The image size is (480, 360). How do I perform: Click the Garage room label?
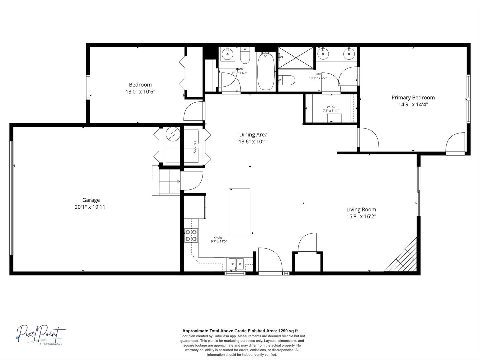pyautogui.click(x=91, y=200)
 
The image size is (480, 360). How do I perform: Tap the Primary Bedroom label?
pyautogui.click(x=413, y=98)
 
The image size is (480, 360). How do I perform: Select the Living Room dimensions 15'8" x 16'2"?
pyautogui.click(x=361, y=216)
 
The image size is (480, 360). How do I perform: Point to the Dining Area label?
pyautogui.click(x=253, y=135)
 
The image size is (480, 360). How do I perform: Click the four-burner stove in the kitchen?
pyautogui.click(x=191, y=236)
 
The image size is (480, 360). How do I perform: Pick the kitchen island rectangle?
pyautogui.click(x=239, y=212)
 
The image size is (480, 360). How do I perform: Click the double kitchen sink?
pyautogui.click(x=236, y=264)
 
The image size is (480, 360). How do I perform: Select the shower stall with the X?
pyautogui.click(x=296, y=58)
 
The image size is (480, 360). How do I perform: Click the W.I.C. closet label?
pyautogui.click(x=331, y=107)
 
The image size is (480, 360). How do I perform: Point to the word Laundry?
pyautogui.click(x=195, y=147)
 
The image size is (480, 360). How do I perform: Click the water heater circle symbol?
pyautogui.click(x=173, y=134)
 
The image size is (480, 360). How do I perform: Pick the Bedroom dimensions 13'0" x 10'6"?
pyautogui.click(x=140, y=91)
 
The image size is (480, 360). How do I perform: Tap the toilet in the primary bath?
pyautogui.click(x=287, y=80)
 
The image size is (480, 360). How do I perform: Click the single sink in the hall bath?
pyautogui.click(x=228, y=54)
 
